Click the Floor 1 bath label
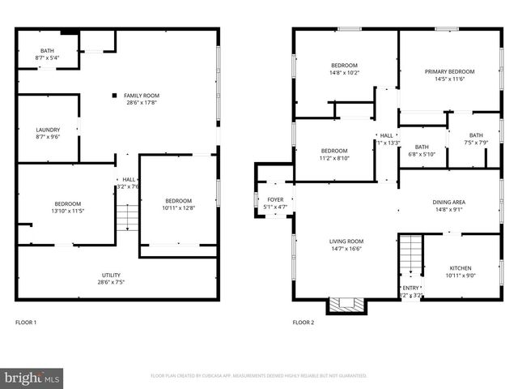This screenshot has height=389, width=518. (47, 54)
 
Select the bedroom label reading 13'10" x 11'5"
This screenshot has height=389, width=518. (67, 207)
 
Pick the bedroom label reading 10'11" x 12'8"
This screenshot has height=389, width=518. (178, 205)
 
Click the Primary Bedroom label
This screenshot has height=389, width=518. (449, 75)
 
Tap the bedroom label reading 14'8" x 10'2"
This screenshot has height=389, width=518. (344, 70)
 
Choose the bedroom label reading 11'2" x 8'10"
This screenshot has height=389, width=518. (333, 155)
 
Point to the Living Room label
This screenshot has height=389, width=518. (346, 245)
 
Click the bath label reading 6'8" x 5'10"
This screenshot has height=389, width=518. (421, 150)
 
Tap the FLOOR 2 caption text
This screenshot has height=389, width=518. (304, 323)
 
